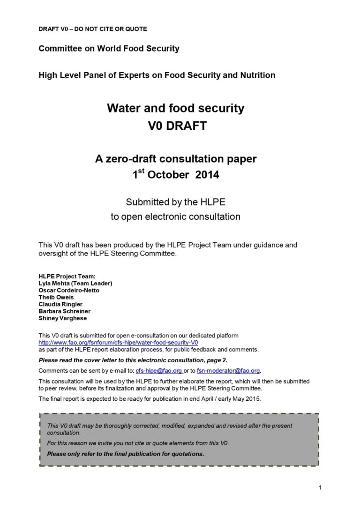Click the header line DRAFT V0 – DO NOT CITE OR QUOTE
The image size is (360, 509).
pyautogui.click(x=92, y=29)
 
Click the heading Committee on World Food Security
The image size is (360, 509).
pyautogui.click(x=109, y=49)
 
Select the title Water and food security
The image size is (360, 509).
pyautogui.click(x=175, y=108)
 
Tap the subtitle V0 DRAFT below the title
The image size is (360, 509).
pyautogui.click(x=175, y=126)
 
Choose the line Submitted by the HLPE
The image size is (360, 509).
pyautogui.click(x=175, y=202)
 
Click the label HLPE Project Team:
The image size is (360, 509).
pyautogui.click(x=67, y=277)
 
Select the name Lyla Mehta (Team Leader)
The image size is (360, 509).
pyautogui.click(x=75, y=284)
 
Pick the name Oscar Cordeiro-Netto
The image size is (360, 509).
pyautogui.click(x=69, y=291)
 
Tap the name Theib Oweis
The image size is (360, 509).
pyautogui.click(x=56, y=298)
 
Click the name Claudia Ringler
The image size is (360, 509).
pyautogui.click(x=60, y=305)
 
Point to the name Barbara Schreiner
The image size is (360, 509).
pyautogui.click(x=65, y=311)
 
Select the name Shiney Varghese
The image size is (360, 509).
pyautogui.click(x=63, y=318)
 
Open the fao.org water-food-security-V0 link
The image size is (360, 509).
pyautogui.click(x=118, y=343)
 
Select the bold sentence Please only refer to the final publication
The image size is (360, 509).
pyautogui.click(x=126, y=454)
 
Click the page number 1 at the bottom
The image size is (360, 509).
pyautogui.click(x=320, y=488)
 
